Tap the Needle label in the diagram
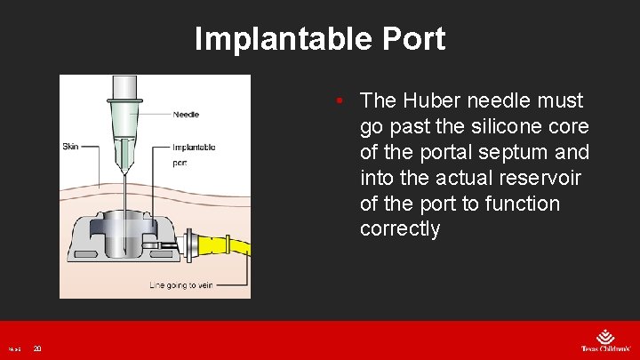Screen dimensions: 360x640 [186, 114]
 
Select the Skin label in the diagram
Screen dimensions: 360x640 [70, 146]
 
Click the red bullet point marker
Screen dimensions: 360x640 [340, 100]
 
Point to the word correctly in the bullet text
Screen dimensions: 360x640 [399, 229]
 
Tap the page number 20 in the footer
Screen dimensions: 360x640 [37, 348]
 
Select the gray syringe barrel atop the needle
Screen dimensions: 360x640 [123, 86]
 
